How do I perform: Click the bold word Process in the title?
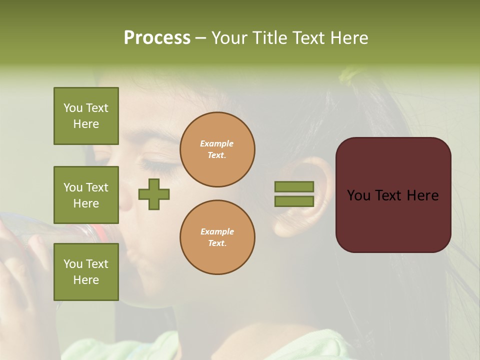click(157, 38)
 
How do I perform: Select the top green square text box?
click(86, 116)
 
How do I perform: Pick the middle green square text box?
click(86, 195)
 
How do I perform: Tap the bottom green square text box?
click(86, 272)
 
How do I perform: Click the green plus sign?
click(154, 194)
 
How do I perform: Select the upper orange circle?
click(217, 149)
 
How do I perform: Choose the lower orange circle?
click(217, 237)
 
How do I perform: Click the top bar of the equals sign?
click(294, 186)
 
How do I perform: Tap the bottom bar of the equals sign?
click(294, 201)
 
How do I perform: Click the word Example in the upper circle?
click(216, 143)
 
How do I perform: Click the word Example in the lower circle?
click(217, 231)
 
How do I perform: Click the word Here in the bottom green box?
click(86, 280)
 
